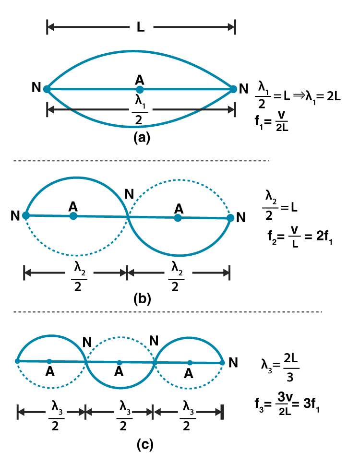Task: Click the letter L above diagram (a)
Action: pos(140,27)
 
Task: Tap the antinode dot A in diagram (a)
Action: pos(140,89)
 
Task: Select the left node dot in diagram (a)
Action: pos(47,89)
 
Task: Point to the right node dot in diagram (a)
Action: pos(234,89)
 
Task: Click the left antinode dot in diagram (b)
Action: pos(73,216)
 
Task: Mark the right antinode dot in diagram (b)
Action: pos(178,218)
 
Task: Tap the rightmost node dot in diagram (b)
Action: pos(230,218)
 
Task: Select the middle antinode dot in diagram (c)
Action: pos(120,362)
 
